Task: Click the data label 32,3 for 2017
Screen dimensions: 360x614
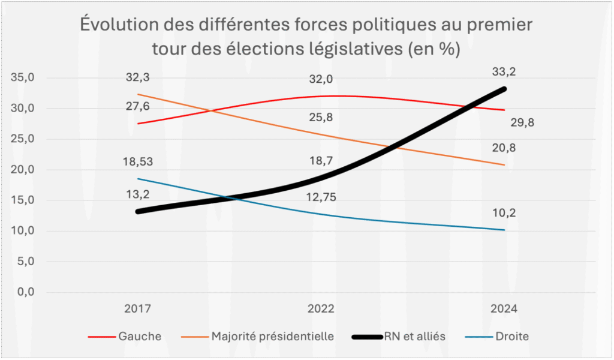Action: pos(138,78)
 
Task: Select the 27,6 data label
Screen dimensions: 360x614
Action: pos(138,106)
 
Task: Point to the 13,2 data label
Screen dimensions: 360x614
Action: pos(138,193)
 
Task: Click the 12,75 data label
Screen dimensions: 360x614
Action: pos(321,199)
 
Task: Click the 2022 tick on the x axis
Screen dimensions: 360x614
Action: pos(321,310)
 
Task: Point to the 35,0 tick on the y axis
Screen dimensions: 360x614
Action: pos(22,78)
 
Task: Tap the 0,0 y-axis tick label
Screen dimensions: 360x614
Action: pos(25,292)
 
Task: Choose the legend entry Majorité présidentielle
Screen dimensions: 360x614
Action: pos(272,337)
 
